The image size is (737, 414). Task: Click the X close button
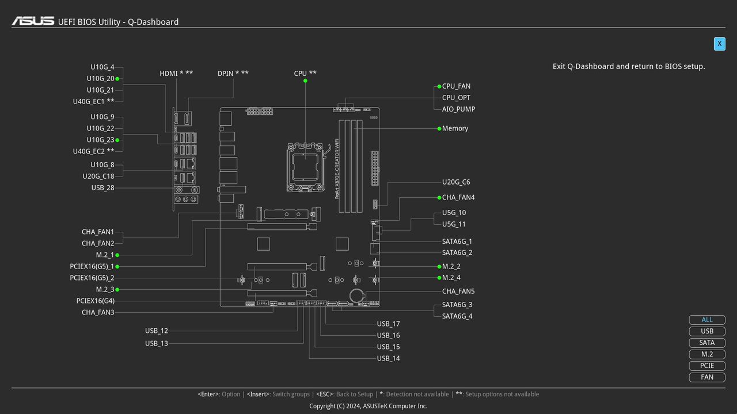tap(719, 44)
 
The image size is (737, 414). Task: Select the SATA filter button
tap(706, 343)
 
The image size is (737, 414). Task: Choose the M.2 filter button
tap(706, 354)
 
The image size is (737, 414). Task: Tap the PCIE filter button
tap(706, 366)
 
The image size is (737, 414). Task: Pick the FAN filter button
tap(706, 377)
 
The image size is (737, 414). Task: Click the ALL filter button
tap(706, 320)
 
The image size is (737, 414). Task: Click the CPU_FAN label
tap(456, 86)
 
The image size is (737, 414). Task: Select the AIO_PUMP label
tap(458, 109)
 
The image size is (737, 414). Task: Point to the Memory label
tap(455, 128)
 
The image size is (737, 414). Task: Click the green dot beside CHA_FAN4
tap(439, 197)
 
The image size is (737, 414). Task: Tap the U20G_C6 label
tap(456, 182)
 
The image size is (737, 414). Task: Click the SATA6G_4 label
tap(457, 316)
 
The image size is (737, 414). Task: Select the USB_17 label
tap(388, 324)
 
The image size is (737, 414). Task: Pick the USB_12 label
tap(157, 331)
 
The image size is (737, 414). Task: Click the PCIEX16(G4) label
tap(96, 301)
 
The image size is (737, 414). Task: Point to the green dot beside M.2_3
tap(117, 290)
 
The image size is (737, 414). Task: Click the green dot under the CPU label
tap(305, 80)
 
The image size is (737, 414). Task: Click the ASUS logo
tap(33, 21)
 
